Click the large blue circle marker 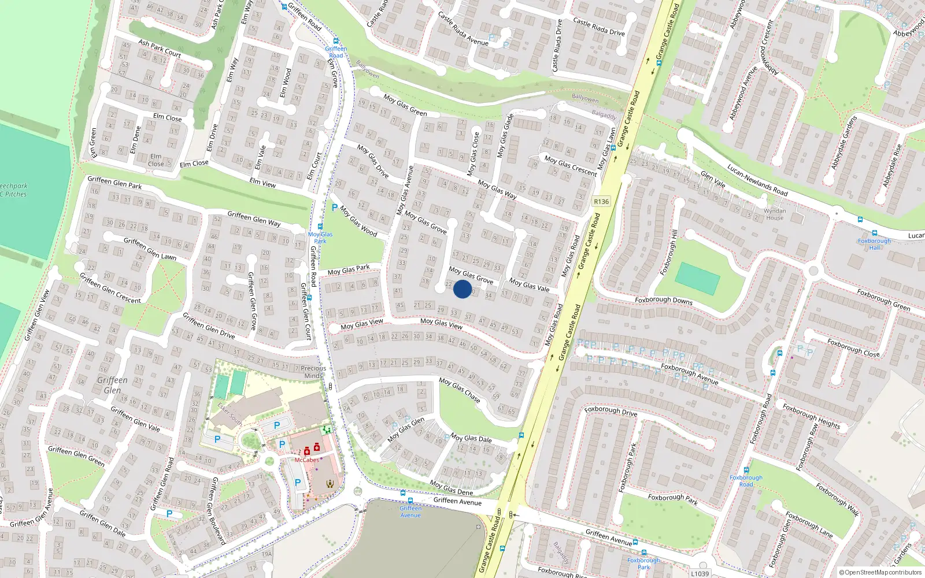click(x=462, y=289)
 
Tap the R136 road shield click(x=601, y=202)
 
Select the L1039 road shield click(x=700, y=573)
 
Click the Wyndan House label click(x=775, y=214)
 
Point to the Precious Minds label click(x=313, y=372)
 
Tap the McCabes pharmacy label click(x=306, y=460)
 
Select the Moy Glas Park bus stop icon click(x=320, y=227)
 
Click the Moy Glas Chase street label click(x=460, y=390)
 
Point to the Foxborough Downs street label click(x=664, y=300)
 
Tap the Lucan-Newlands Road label click(x=757, y=180)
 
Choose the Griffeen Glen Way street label click(x=254, y=218)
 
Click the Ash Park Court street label click(x=160, y=48)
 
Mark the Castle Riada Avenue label click(x=463, y=28)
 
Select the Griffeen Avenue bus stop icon click(x=410, y=501)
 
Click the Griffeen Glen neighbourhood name click(x=112, y=385)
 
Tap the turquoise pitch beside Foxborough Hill click(x=697, y=279)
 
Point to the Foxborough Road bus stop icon click(x=746, y=470)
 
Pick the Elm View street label click(x=262, y=183)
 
